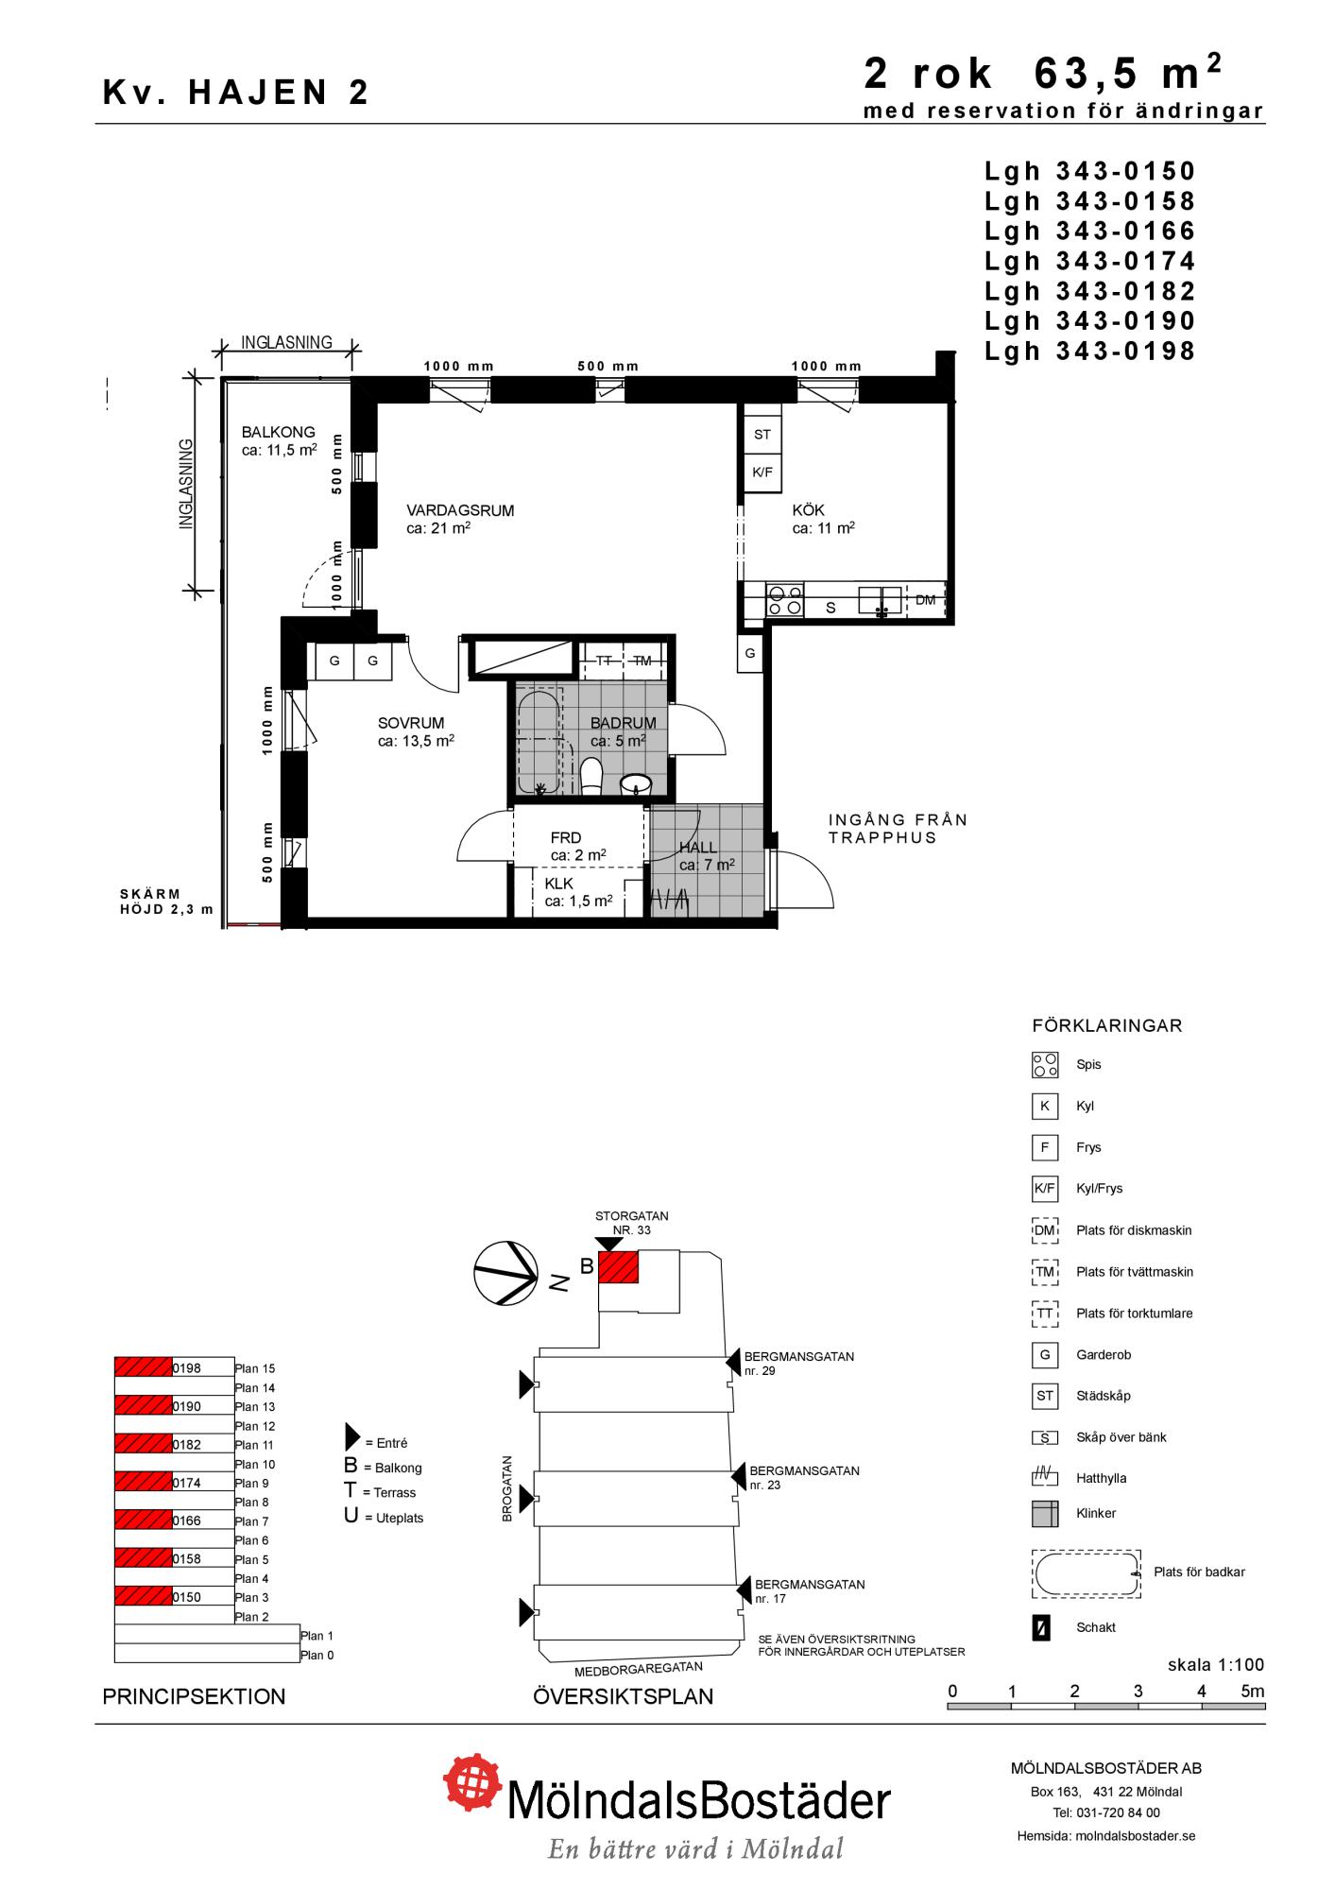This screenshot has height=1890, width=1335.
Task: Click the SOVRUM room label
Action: (411, 724)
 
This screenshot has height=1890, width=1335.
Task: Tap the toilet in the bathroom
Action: (592, 776)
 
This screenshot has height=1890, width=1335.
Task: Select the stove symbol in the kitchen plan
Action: (784, 600)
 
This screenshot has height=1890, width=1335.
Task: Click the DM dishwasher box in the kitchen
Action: (926, 600)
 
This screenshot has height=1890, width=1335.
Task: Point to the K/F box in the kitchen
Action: (762, 472)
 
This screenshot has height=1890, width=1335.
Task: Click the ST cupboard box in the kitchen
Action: (762, 435)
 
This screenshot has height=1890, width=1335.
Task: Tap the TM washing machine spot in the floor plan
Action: (642, 661)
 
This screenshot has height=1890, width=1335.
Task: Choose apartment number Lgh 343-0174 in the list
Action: (1090, 261)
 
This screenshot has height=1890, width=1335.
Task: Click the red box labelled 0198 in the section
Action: (144, 1367)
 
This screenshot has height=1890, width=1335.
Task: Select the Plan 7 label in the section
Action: (252, 1521)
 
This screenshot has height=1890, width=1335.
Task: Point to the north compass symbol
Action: (506, 1273)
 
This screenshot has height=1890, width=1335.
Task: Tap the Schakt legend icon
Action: (1041, 1628)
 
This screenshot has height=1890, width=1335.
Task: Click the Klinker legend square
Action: (1045, 1514)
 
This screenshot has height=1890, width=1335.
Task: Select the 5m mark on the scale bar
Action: (1252, 1692)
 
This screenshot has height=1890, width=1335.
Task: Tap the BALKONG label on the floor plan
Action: (279, 432)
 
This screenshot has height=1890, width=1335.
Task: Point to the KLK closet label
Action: (559, 884)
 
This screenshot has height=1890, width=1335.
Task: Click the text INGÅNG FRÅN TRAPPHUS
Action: (899, 829)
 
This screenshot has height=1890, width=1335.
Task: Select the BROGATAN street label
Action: (507, 1488)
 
